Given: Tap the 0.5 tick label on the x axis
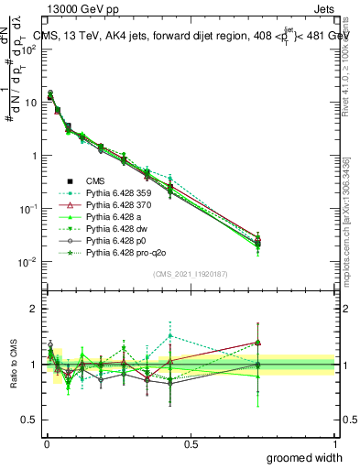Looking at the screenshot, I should (x=191, y=442).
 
